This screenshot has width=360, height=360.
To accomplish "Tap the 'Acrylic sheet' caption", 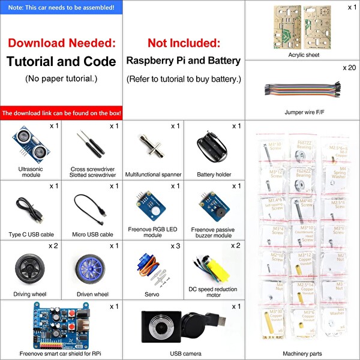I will click(304, 55).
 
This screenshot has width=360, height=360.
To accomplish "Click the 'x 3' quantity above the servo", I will click(175, 246).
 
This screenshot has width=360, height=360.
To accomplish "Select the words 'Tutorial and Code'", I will click(61, 61).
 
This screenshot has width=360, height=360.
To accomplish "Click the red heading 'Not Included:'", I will click(184, 43).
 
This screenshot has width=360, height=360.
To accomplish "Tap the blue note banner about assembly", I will click(61, 8).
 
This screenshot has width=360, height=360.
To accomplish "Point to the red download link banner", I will click(61, 113).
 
